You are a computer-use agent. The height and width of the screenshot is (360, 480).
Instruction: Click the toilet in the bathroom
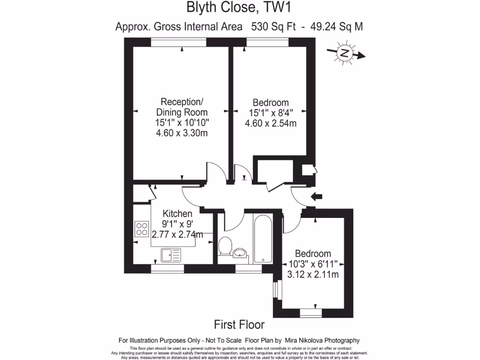pos(225,246)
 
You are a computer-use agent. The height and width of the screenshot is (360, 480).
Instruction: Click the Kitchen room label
pos(177,214)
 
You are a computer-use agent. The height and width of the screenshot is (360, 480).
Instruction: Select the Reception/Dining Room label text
pos(182,107)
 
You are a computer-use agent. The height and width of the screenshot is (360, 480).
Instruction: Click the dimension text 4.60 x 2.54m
pos(270,123)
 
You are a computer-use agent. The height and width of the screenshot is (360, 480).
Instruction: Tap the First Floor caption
pos(239,324)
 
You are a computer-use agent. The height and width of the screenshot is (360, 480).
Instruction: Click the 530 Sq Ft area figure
pos(273,26)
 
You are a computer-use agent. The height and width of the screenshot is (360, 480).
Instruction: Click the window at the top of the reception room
pos(179,43)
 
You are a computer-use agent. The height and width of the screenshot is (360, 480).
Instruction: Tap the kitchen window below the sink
pos(167,269)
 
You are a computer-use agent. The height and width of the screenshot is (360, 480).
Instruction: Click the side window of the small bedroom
pos(276,287)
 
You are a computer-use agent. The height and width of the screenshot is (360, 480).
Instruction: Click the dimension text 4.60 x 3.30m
pos(182,133)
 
